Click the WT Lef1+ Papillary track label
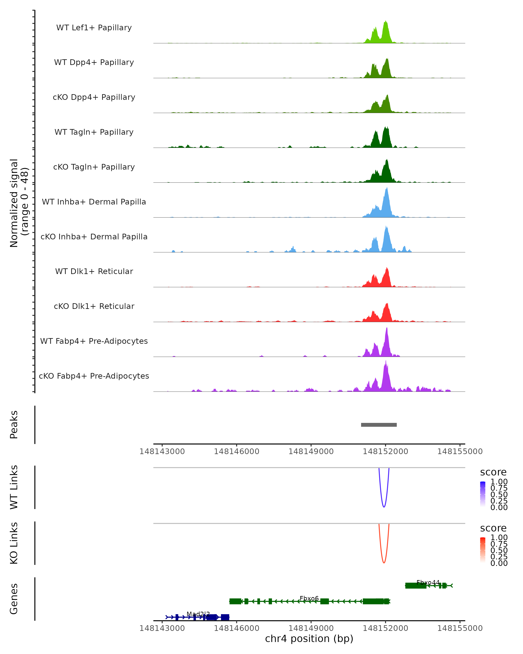point(94,28)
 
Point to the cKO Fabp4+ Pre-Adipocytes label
point(94,376)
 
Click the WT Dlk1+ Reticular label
point(94,271)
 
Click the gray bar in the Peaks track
point(379,425)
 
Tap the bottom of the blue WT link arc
point(384,507)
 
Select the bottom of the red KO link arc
point(384,563)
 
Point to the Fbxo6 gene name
point(309,598)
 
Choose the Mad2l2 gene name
point(198,614)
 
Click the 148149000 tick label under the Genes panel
point(311,628)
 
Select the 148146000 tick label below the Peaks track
point(236,451)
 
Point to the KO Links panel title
point(14,543)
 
